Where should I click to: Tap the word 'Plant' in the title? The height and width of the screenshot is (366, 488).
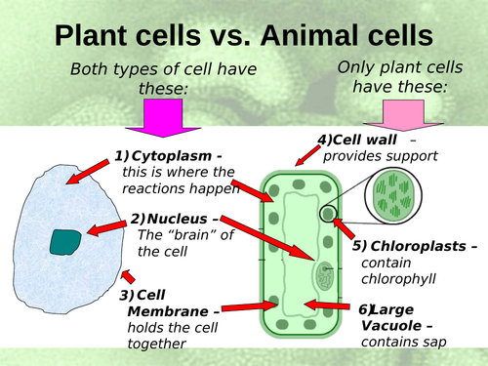(96, 35)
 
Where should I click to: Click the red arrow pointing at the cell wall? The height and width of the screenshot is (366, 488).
(305, 152)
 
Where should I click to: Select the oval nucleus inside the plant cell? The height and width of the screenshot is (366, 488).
(324, 274)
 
